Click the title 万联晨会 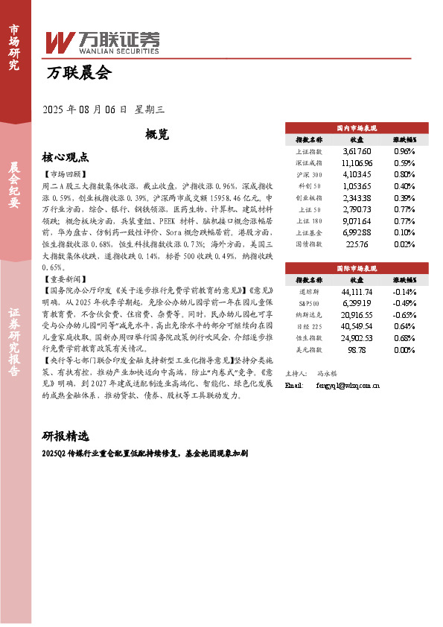point(78,73)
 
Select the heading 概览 point(156,135)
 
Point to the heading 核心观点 point(66,157)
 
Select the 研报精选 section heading point(66,436)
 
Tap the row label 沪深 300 point(308,174)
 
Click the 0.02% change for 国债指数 point(404,244)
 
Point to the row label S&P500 point(309,302)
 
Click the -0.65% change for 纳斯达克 point(404,314)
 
